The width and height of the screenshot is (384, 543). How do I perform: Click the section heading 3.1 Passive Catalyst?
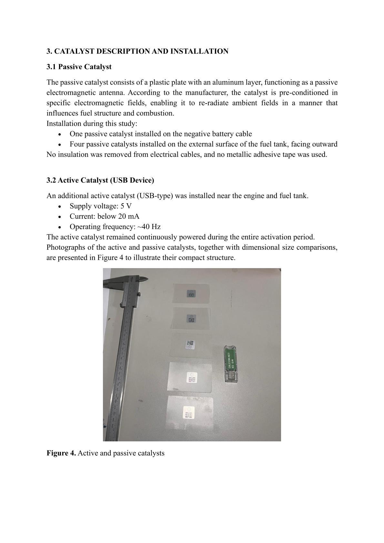79,67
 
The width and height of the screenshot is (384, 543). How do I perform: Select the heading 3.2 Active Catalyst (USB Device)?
100,180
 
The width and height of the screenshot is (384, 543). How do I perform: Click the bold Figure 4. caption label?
61,453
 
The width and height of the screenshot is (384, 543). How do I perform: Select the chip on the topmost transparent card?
191,293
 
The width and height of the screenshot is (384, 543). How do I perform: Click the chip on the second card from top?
191,318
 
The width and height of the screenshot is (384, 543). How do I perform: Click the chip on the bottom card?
189,412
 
